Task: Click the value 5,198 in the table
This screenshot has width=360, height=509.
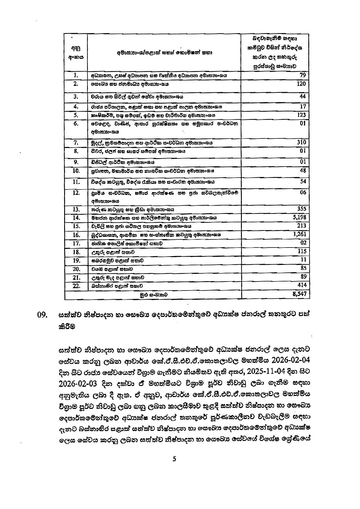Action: (x=300, y=217)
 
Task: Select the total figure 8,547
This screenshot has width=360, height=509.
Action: (x=300, y=294)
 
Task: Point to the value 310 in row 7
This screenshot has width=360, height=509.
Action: (x=301, y=142)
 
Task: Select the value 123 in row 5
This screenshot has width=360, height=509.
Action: (x=301, y=115)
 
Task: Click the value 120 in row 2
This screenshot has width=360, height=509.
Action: (x=301, y=84)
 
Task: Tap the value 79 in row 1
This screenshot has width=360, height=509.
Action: (x=303, y=75)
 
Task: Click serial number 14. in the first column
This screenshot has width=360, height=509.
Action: (x=76, y=218)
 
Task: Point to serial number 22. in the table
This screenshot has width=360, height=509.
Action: (x=76, y=286)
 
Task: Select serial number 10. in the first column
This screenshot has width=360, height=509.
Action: (x=76, y=171)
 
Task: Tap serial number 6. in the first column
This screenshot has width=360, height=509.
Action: (x=76, y=124)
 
